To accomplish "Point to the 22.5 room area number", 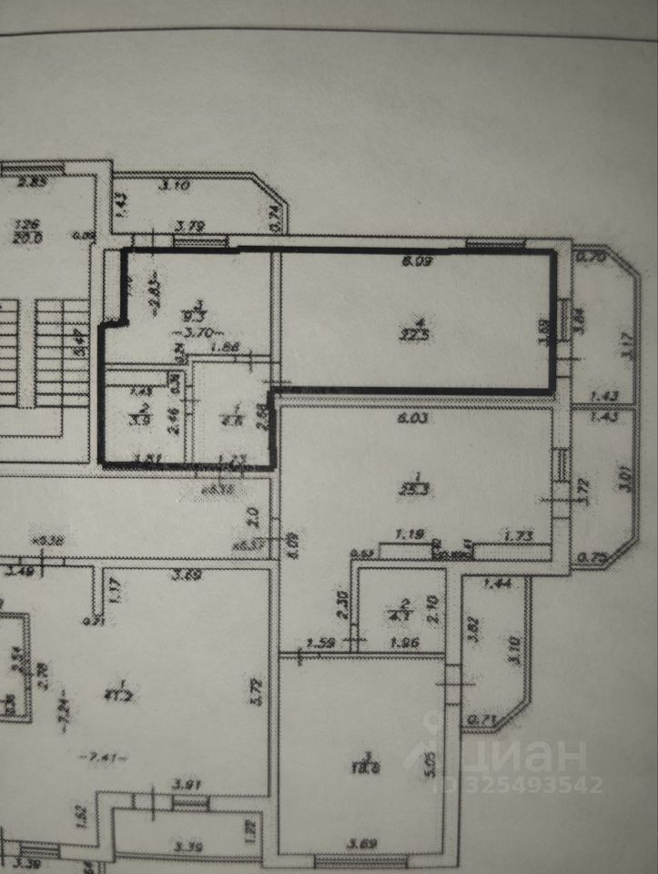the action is coord(419,333).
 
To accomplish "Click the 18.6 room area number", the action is coord(369,768).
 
